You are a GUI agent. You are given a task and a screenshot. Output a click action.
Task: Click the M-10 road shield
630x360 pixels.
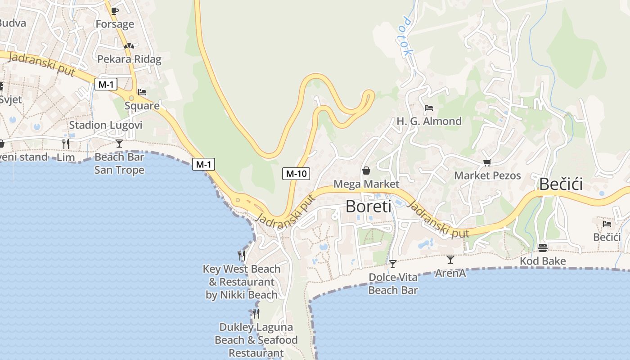coord(296,173)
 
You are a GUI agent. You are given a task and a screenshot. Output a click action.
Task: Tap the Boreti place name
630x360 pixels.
coord(368,207)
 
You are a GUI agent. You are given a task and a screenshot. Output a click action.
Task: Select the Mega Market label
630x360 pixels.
coord(366,184)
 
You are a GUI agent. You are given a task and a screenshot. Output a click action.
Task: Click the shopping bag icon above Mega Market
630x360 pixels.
coord(366,171)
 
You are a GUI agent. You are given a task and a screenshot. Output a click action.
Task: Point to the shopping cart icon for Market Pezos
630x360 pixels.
coord(486,162)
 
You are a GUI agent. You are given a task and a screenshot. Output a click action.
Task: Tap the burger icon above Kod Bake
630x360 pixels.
coord(542,248)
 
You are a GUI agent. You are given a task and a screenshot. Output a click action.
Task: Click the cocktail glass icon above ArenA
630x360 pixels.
coord(450,260)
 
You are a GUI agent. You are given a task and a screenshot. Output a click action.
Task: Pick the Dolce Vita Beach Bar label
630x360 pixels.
coord(393,283)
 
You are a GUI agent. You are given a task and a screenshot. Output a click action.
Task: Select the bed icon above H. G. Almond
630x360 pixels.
coord(429,108)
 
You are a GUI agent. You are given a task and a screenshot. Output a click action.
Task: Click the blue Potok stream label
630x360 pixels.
coord(407,36)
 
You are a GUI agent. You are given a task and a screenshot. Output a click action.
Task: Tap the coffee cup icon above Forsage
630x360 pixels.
coord(115,11)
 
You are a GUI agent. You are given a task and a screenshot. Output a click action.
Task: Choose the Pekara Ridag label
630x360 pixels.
coord(129,59)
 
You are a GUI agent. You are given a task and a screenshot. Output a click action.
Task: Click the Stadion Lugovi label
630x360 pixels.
coord(106,125)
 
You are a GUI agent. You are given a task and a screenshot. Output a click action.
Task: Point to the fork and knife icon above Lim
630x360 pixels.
coord(66,144)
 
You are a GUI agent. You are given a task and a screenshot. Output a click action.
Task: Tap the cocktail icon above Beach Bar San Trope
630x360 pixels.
coord(119,144)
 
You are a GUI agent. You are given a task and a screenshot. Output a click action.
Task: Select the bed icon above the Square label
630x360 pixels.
coord(142,92)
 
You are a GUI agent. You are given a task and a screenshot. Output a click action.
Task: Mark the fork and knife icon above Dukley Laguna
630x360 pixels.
coord(256,313)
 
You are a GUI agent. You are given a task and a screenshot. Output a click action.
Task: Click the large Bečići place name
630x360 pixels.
coord(561,184)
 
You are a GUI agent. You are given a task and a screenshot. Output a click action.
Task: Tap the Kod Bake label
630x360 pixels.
coord(543,261)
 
